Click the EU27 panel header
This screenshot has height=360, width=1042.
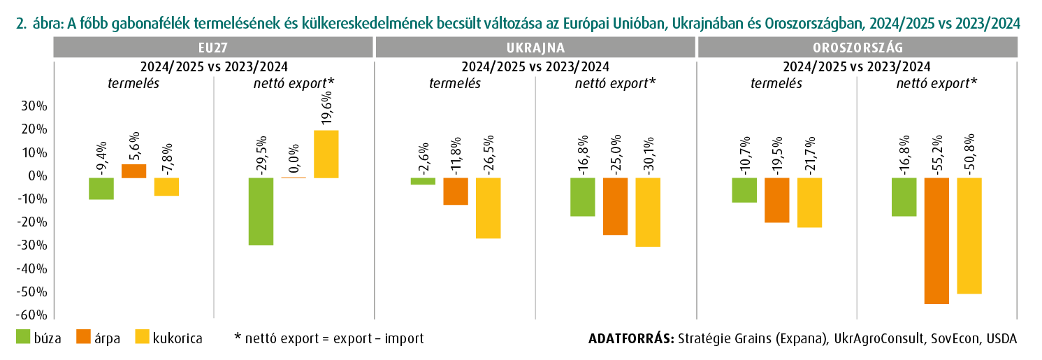point(213,48)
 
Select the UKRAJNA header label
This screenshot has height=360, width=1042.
point(535,48)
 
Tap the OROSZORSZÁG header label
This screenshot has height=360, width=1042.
point(857,48)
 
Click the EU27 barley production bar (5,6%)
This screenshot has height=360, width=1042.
point(133,171)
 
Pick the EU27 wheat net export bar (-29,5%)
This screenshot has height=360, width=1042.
point(261,211)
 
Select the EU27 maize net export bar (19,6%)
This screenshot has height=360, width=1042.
point(326,154)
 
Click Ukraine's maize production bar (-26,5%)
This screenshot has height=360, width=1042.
point(488,208)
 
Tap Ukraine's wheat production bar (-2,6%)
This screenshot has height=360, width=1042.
point(423,181)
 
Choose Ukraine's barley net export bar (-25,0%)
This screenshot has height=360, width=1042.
point(616,206)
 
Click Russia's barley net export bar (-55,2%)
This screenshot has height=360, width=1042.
point(936,240)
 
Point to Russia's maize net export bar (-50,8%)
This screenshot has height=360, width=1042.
point(969,236)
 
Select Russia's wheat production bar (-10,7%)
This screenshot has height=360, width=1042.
point(744,190)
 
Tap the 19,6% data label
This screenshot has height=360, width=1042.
point(326,108)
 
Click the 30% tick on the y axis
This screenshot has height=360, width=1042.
point(34,106)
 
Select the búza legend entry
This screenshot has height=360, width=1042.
point(38,338)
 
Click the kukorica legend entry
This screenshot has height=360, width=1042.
point(168,338)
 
